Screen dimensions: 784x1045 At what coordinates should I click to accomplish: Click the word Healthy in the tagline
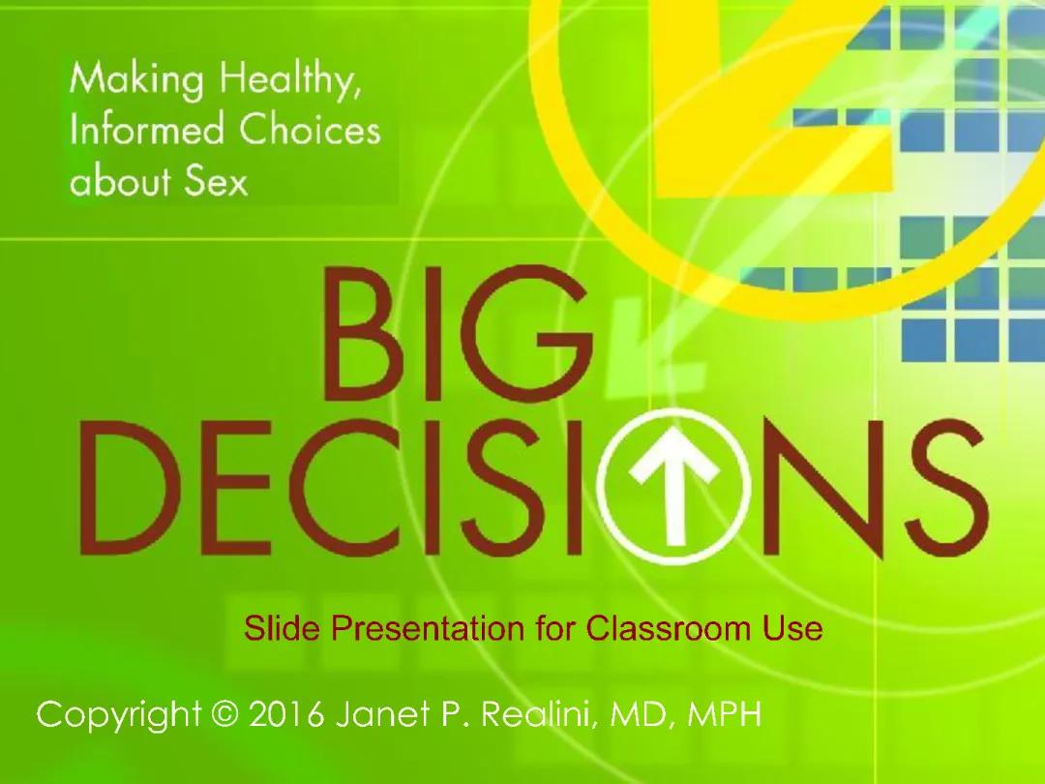pyautogui.click(x=289, y=80)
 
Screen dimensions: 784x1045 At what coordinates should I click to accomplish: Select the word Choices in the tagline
pyautogui.click(x=309, y=131)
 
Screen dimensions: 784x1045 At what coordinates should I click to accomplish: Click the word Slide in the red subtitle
pyautogui.click(x=283, y=629)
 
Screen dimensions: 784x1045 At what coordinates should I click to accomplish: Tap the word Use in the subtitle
pyautogui.click(x=792, y=629)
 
